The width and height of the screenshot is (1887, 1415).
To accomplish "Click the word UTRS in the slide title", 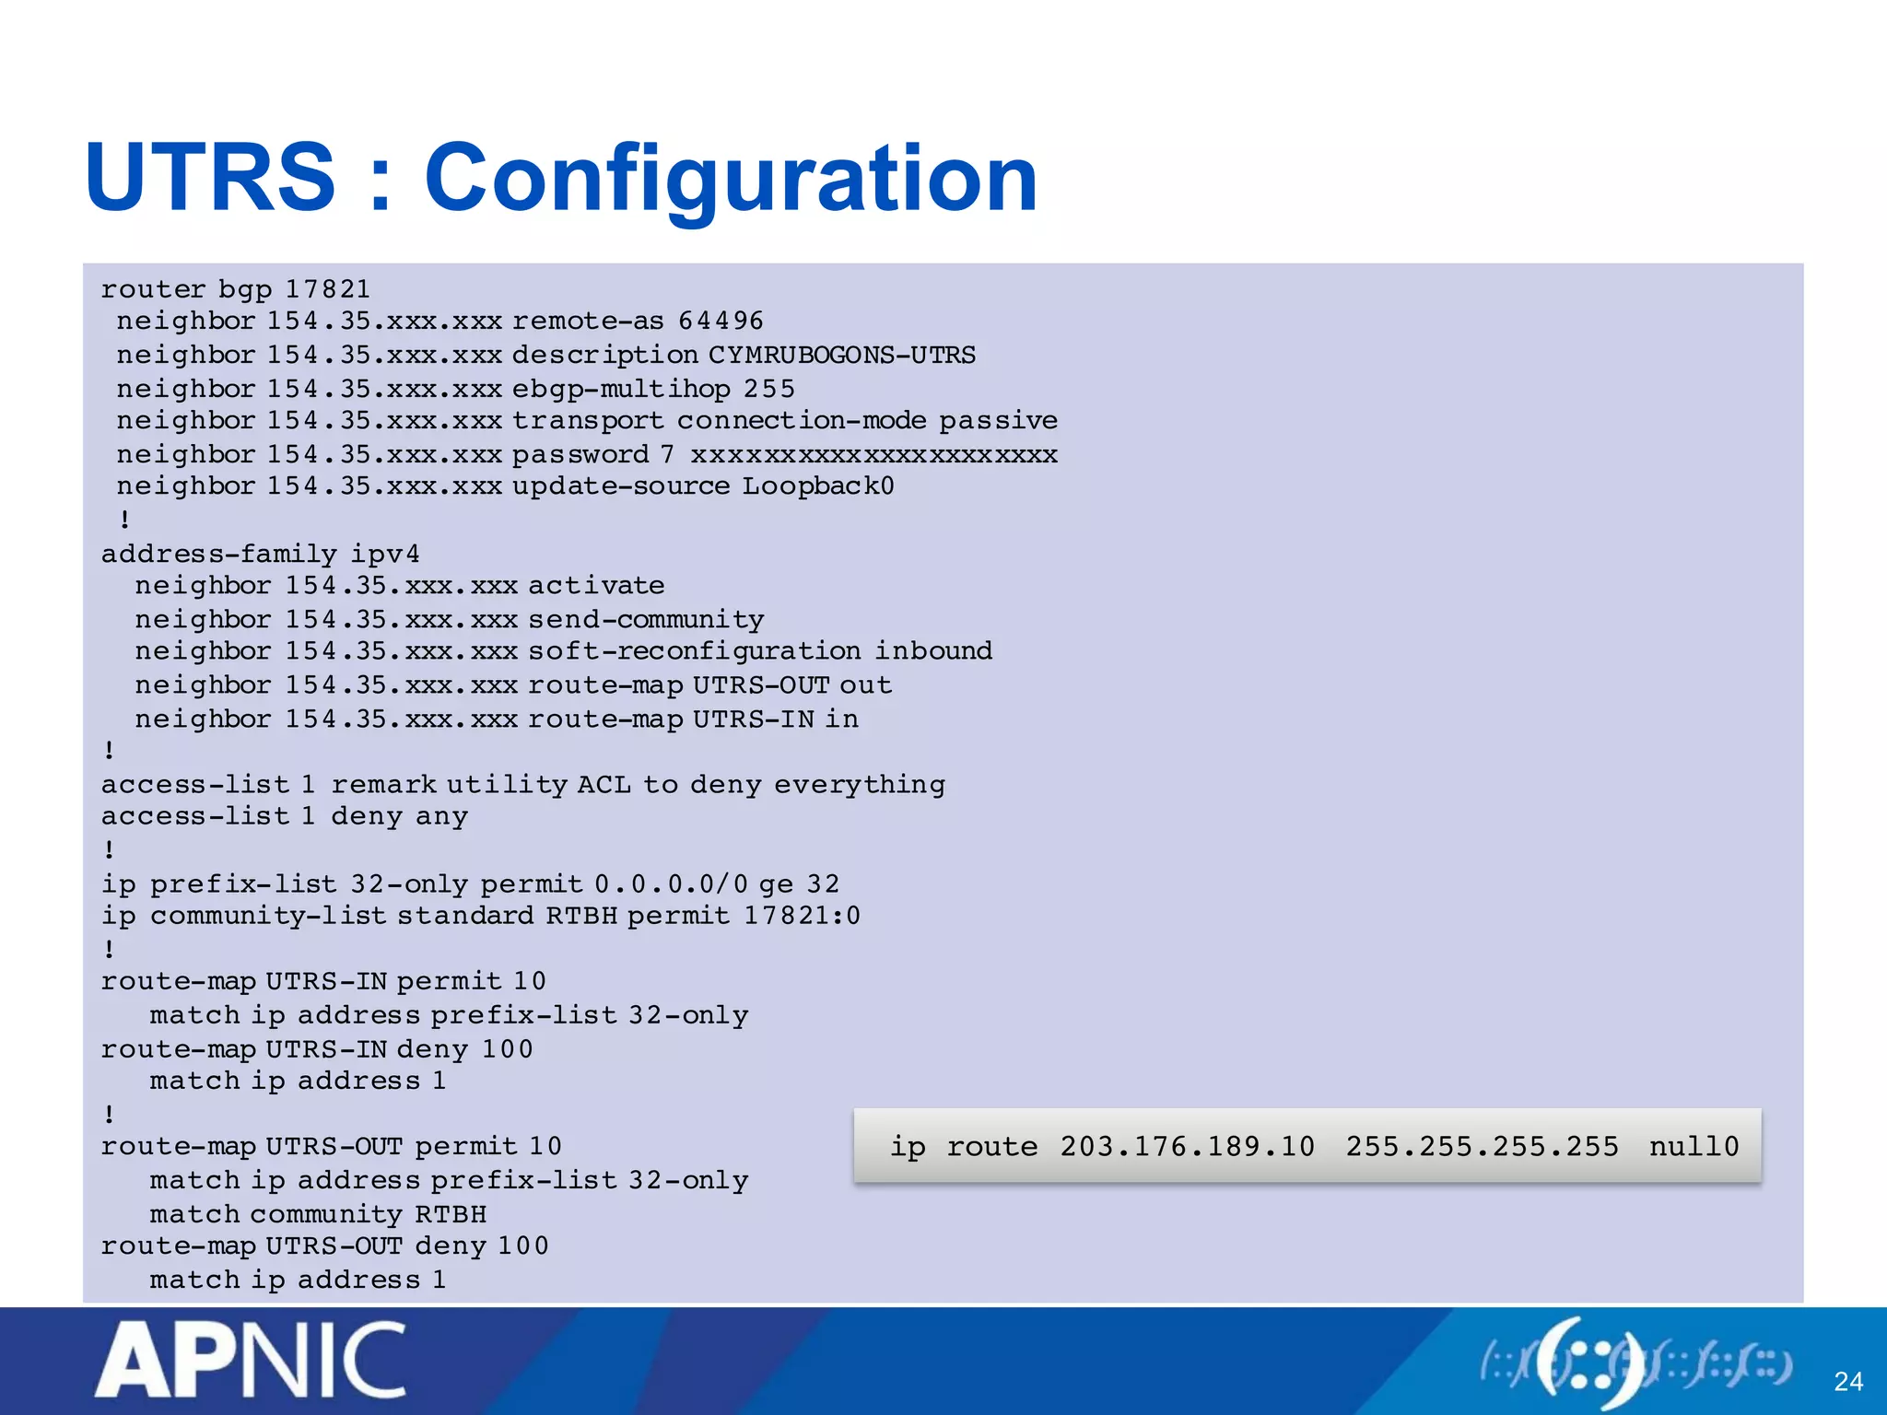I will [x=210, y=177].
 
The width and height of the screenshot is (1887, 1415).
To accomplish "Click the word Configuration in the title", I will [x=731, y=179].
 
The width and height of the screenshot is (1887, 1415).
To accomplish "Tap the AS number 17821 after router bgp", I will [x=327, y=289].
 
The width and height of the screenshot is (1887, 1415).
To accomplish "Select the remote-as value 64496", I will [x=721, y=321].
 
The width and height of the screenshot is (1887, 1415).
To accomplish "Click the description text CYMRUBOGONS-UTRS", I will [x=841, y=355].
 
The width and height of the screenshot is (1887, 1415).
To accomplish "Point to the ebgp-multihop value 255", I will [x=769, y=389].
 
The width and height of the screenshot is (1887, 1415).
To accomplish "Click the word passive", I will [x=998, y=421].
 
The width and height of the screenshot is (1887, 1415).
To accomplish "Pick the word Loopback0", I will [x=818, y=486].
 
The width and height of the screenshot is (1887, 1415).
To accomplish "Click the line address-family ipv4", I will [x=260, y=554].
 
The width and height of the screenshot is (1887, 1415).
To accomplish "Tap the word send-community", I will [x=646, y=620].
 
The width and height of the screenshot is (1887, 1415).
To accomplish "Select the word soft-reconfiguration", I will [x=695, y=651].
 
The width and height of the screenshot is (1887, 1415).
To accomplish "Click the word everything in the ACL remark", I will [x=860, y=785].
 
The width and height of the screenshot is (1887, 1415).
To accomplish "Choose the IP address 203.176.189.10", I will [x=1187, y=1147].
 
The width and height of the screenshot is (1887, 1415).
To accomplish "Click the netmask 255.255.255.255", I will [x=1482, y=1147].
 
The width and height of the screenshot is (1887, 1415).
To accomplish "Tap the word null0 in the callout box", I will [x=1694, y=1147].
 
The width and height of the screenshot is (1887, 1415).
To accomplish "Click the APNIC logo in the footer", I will [x=251, y=1360].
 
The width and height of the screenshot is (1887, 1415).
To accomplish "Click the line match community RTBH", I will [x=318, y=1214].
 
